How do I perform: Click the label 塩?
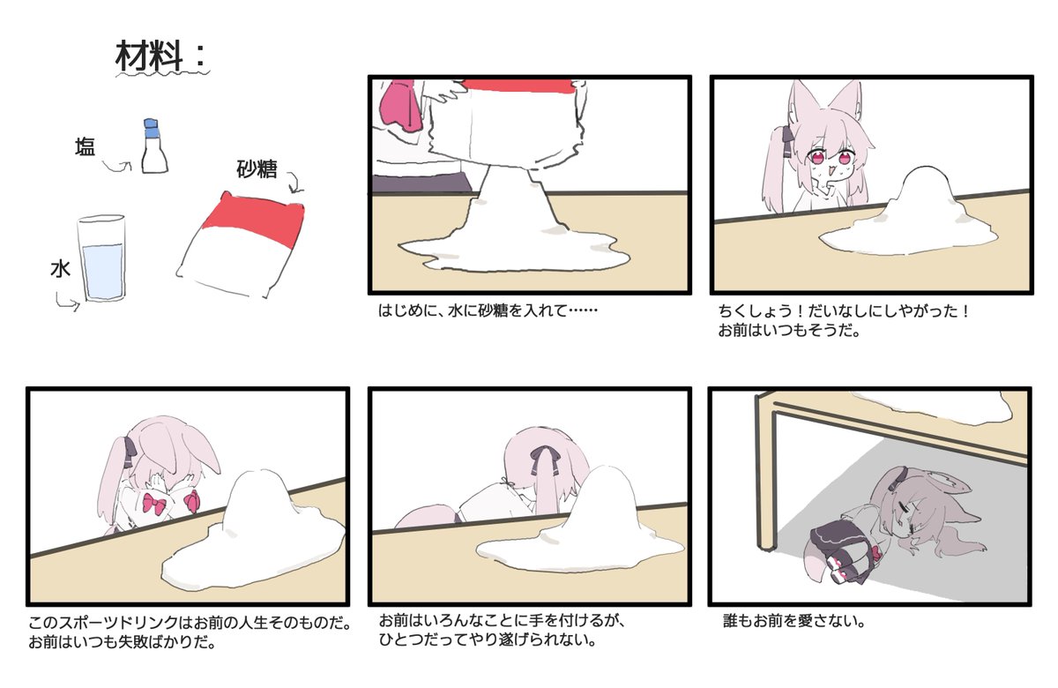(x=85, y=148)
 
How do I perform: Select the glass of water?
(x=102, y=260)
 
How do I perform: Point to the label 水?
(x=59, y=270)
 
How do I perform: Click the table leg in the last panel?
(x=764, y=476)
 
